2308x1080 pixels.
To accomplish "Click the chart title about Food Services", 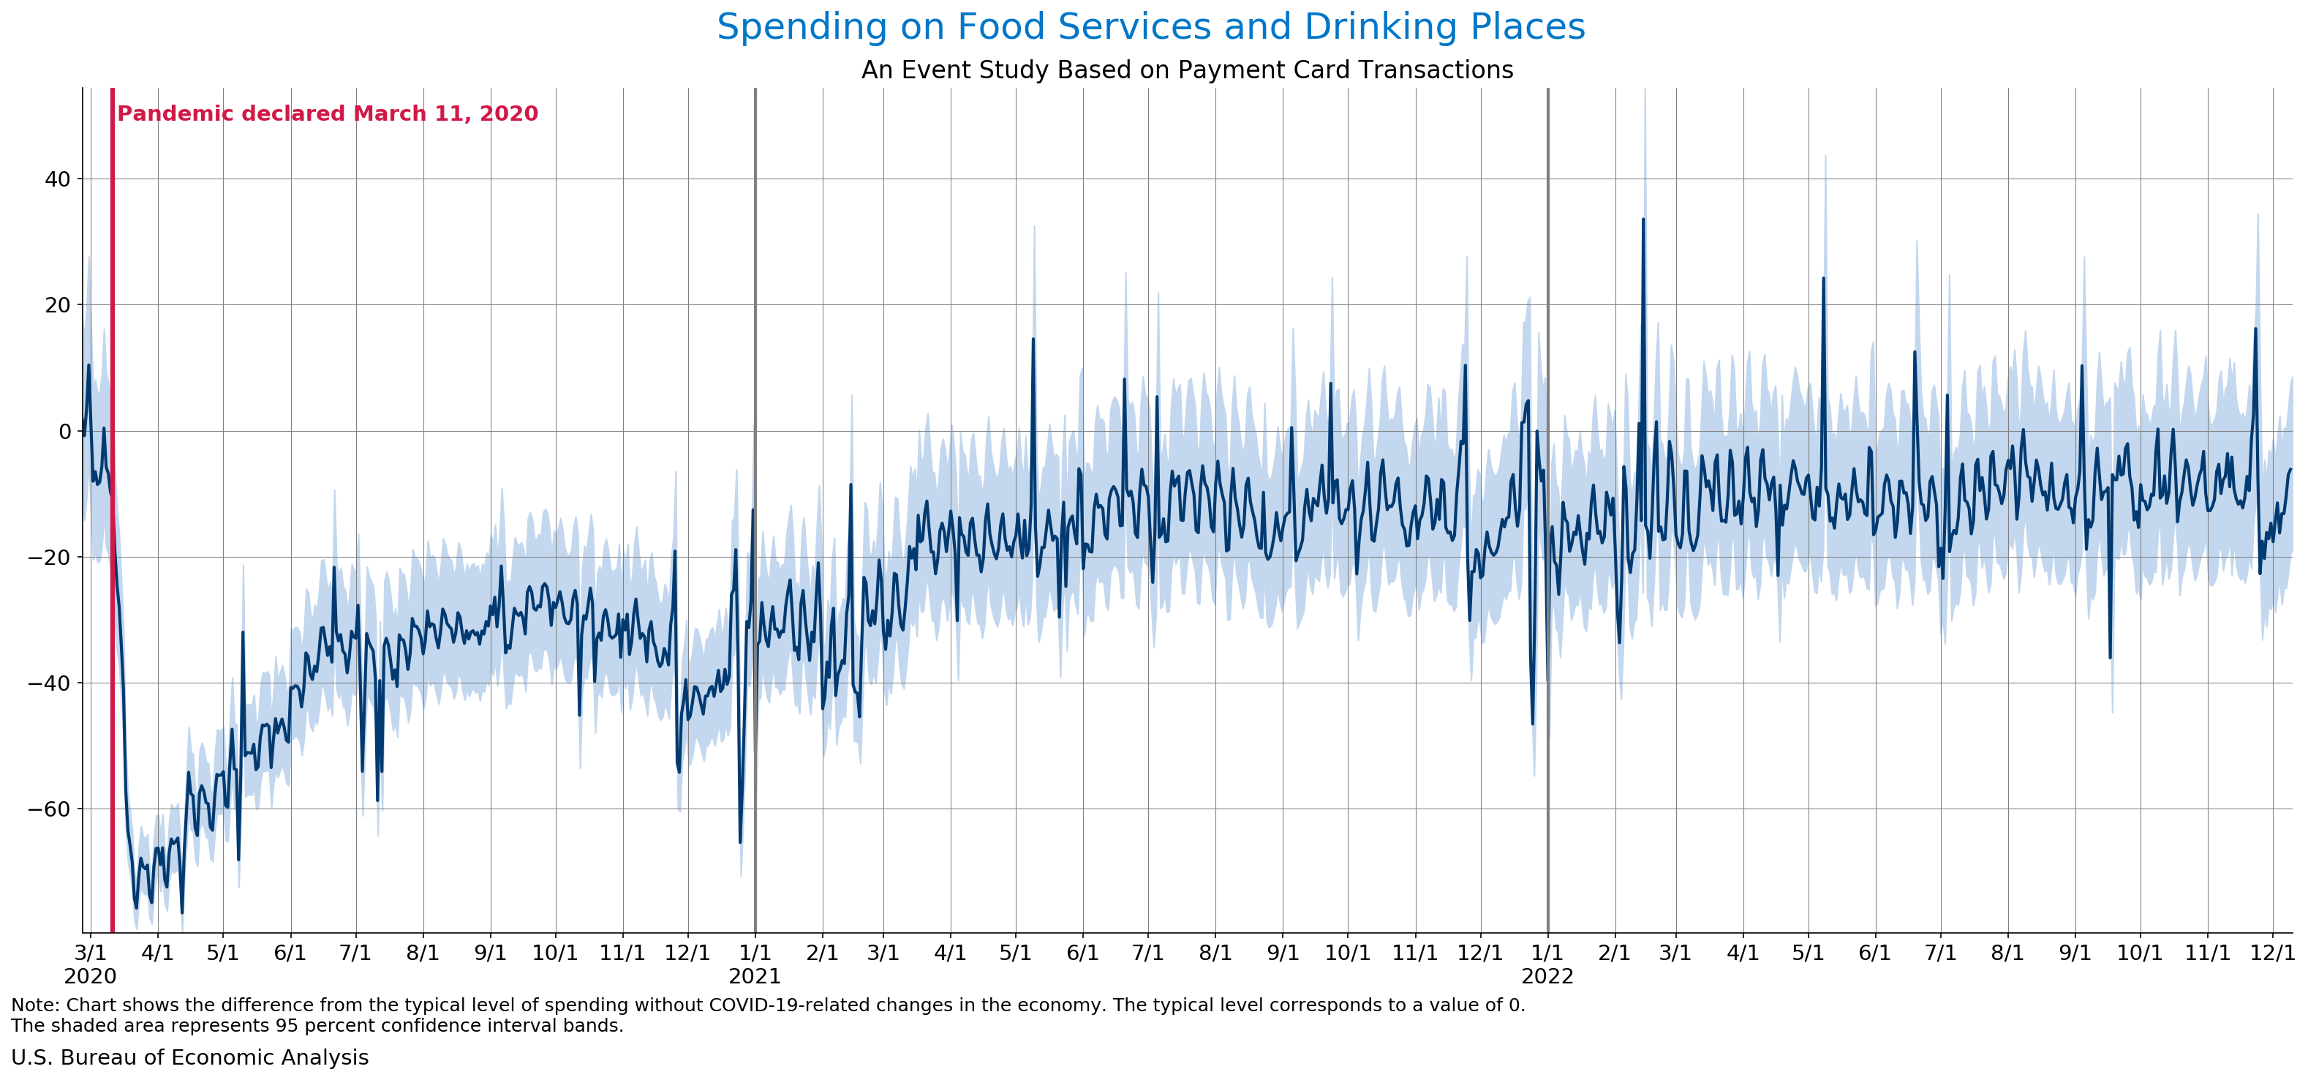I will [x=1150, y=27].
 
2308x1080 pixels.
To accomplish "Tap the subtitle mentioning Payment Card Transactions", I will [x=1186, y=70].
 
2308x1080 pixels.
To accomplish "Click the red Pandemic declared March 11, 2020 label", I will [x=327, y=114].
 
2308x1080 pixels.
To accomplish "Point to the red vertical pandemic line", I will [x=113, y=538].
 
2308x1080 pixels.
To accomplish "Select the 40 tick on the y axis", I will [x=57, y=179].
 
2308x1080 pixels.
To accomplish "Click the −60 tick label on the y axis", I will [x=50, y=809].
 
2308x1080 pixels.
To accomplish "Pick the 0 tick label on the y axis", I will [x=64, y=431].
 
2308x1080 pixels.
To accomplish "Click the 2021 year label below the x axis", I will [x=755, y=976].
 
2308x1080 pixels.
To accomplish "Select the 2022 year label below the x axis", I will [x=1547, y=976].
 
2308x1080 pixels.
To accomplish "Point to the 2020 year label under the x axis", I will [x=90, y=976].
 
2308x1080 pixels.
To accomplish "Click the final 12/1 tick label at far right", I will [x=2272, y=953].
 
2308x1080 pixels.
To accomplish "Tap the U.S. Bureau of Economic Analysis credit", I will [x=190, y=1057].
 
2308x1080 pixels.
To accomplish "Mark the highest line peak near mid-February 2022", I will [x=1643, y=220].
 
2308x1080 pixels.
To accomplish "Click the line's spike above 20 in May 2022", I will [x=1823, y=279].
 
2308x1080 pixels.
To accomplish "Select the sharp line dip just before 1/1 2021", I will [x=740, y=841].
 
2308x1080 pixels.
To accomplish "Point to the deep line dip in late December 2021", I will [x=1532, y=722].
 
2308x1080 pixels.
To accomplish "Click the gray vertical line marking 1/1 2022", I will [x=1548, y=538].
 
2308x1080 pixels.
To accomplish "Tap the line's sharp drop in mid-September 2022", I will [x=2110, y=657].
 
